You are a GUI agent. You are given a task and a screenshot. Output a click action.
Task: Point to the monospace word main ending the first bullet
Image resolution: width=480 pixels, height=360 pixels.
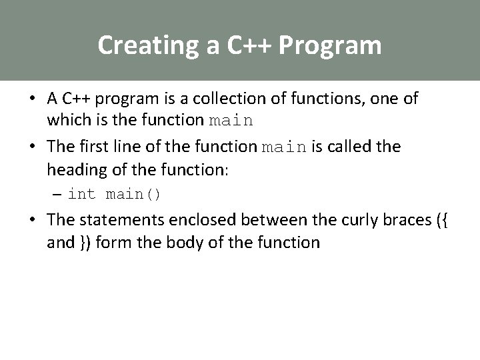pyautogui.click(x=231, y=121)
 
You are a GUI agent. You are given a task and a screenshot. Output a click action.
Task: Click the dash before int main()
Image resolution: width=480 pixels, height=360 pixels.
pyautogui.click(x=58, y=194)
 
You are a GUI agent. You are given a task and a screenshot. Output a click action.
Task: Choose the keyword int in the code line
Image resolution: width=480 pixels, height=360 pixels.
pyautogui.click(x=82, y=195)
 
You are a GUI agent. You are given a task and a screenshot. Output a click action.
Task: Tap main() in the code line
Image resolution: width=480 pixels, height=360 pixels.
pyautogui.click(x=133, y=195)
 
